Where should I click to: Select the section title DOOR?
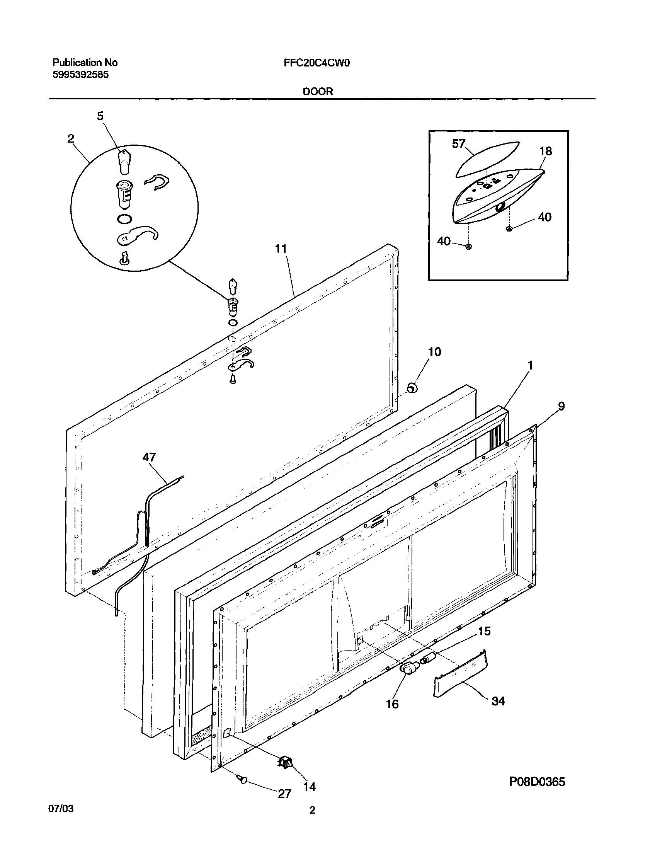(318, 91)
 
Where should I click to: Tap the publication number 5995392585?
(80, 75)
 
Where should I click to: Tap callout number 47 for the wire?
(149, 457)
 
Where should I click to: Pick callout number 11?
(281, 249)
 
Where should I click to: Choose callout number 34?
(498, 701)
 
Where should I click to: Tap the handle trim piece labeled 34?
(460, 674)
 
